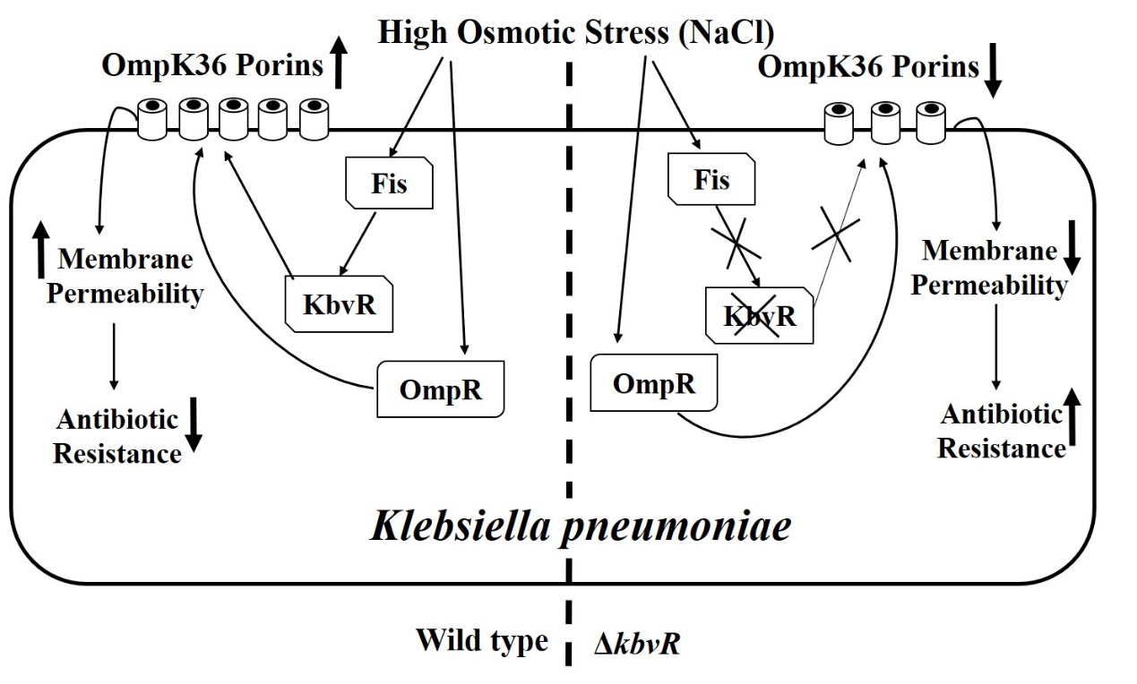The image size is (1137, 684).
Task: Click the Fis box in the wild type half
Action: coord(389,184)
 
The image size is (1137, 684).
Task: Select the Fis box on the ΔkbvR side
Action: coord(711,181)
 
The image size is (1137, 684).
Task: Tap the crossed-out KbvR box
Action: coord(760,315)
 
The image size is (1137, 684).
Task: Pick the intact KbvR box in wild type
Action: coord(340,304)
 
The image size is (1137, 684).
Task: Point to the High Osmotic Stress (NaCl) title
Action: coord(576,32)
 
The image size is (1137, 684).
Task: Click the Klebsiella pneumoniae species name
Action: coord(581,526)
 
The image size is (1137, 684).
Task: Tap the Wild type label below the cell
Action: coord(481,641)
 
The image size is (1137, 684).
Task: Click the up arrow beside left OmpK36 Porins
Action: coord(338,67)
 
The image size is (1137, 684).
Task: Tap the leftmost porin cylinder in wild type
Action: coord(153,121)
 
